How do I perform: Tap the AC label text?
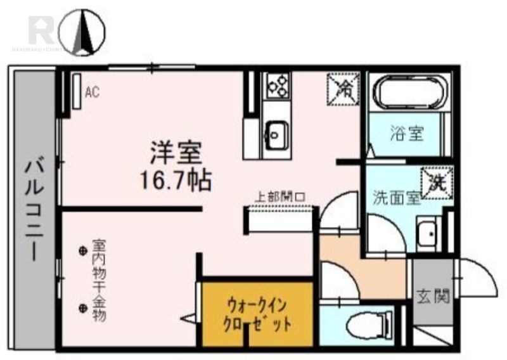click(x=93, y=93)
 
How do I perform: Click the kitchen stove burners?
click(x=278, y=85)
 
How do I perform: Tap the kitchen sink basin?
click(x=276, y=134)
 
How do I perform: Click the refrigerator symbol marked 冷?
click(x=343, y=88)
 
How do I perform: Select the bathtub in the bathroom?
click(x=408, y=93)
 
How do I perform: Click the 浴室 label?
click(x=406, y=134)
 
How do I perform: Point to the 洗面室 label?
click(x=396, y=197)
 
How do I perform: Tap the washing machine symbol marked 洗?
click(x=437, y=183)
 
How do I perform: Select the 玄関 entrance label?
click(x=433, y=295)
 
